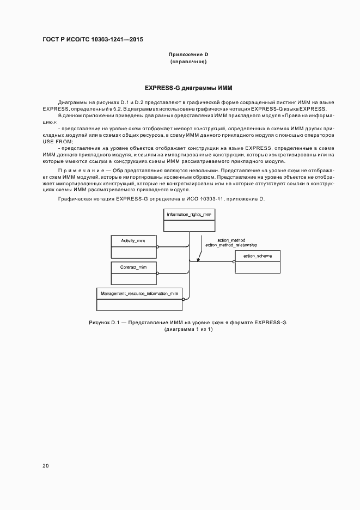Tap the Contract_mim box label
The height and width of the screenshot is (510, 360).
tap(133, 268)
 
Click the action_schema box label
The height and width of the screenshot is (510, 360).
tap(257, 256)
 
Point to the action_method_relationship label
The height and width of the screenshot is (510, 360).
tap(231, 245)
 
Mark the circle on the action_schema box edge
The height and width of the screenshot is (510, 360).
tap(234, 262)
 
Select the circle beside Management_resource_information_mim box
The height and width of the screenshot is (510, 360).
tap(184, 299)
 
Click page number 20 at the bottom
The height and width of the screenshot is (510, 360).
tap(45, 466)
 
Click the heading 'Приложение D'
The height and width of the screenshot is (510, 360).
tap(188, 54)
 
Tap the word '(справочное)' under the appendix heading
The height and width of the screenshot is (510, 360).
tap(188, 62)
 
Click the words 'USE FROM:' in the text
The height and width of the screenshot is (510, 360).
tap(58, 141)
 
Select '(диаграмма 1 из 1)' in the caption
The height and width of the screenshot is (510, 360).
tap(188, 329)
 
